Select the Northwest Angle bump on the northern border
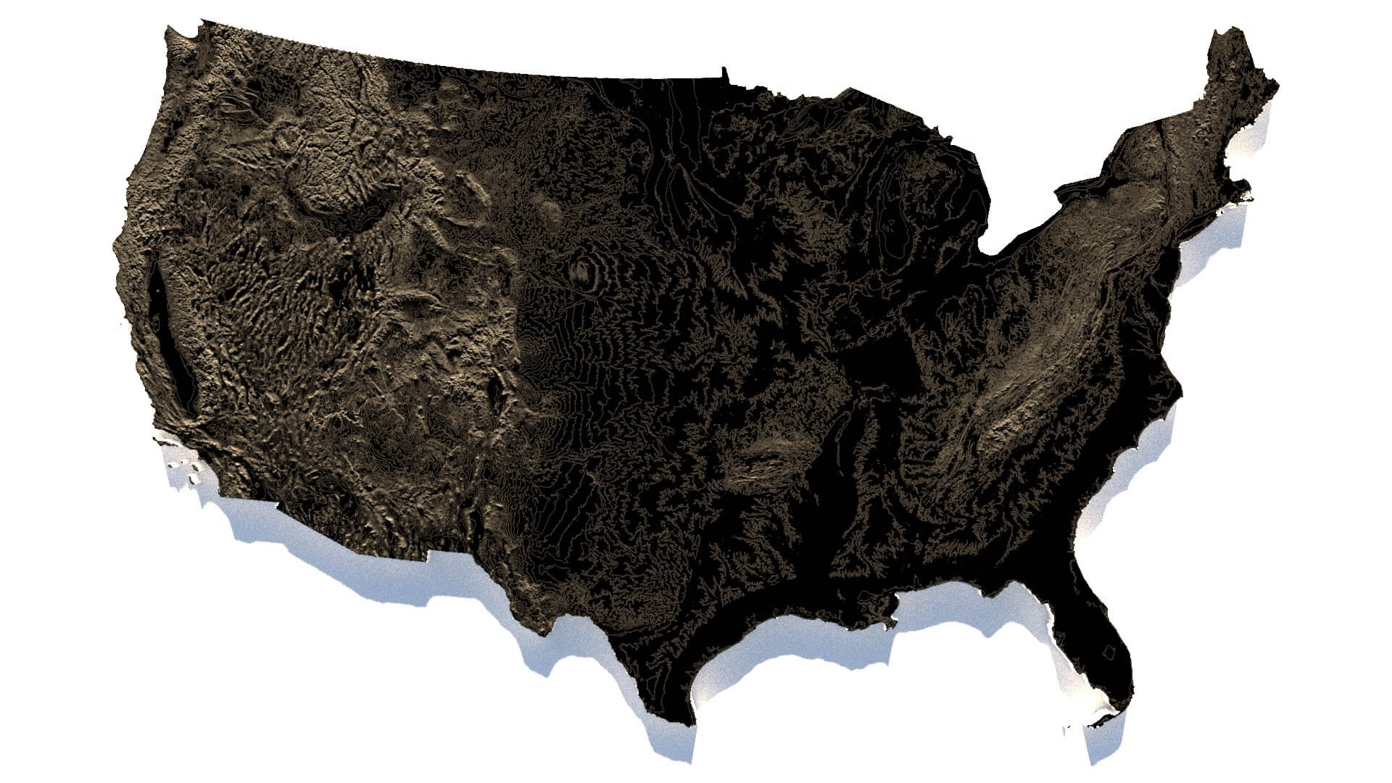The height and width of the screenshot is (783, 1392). click(724, 72)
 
